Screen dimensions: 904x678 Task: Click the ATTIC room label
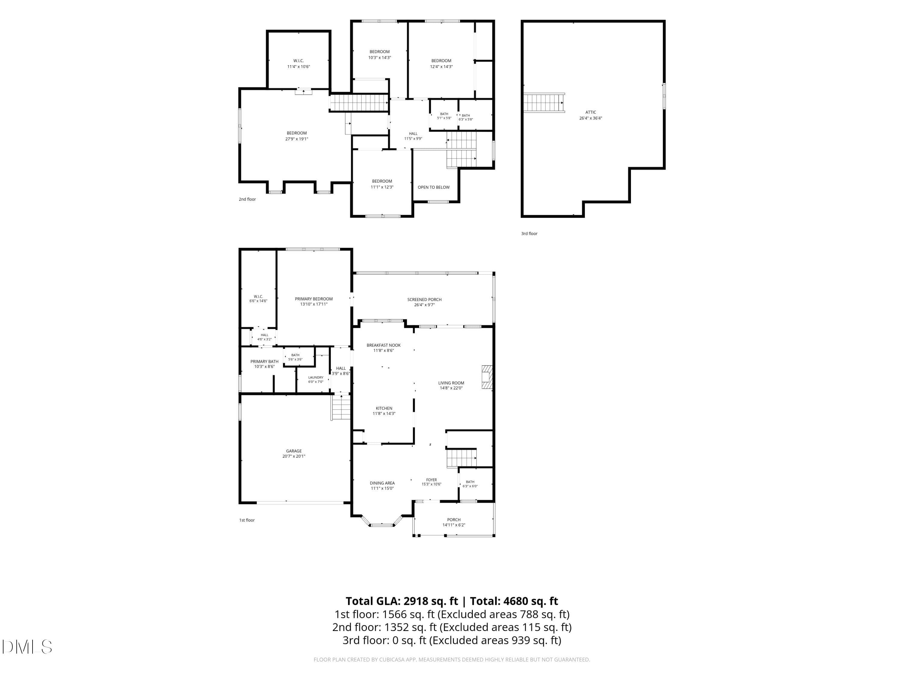point(591,112)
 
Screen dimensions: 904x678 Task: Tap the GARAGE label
point(294,451)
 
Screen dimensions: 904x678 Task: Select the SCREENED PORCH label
point(424,300)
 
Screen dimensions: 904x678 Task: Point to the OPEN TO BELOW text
point(434,187)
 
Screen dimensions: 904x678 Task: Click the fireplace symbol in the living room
point(487,377)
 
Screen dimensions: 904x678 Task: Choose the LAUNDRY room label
point(316,378)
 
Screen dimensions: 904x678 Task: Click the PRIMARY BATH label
point(264,362)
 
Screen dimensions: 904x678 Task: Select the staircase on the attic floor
point(544,102)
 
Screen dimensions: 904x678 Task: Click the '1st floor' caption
point(247,520)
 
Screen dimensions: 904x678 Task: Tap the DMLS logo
point(27,647)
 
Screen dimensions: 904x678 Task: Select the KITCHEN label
point(384,408)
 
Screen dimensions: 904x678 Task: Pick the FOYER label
point(432,480)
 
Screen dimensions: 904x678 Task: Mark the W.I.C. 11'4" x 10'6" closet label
point(299,63)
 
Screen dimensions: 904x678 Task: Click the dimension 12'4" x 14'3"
point(441,67)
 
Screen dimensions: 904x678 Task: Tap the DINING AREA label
point(382,483)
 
